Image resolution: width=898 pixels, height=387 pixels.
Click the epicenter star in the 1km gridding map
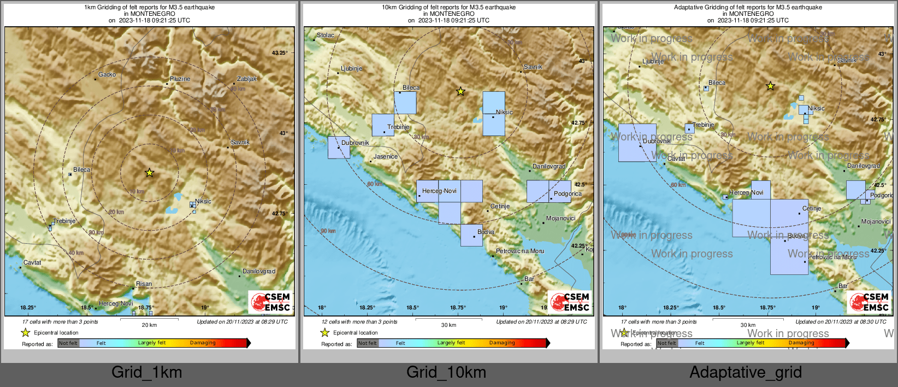(150, 173)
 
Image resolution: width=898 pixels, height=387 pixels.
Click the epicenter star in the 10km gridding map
(460, 91)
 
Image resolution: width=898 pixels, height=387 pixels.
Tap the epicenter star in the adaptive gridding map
(770, 86)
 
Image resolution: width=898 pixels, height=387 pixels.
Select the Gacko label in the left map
(107, 74)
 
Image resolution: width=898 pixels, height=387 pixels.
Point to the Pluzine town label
(180, 79)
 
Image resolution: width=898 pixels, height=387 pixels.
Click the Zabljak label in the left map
(247, 79)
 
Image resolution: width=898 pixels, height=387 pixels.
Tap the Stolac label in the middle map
(326, 35)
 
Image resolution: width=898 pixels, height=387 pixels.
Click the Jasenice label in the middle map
(386, 156)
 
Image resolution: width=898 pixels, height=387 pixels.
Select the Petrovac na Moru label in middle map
(519, 251)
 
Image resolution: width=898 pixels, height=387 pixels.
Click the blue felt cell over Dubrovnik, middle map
(339, 148)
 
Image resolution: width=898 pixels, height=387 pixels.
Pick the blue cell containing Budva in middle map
(471, 235)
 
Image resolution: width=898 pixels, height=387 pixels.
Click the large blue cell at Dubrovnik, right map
(637, 143)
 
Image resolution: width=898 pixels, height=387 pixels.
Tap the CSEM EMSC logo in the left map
(271, 302)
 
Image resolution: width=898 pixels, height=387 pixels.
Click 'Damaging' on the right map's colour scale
(801, 343)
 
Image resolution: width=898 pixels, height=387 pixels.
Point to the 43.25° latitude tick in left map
(279, 52)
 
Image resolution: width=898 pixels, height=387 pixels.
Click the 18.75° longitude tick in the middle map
(458, 308)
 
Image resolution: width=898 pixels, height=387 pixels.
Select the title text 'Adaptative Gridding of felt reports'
(748, 7)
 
